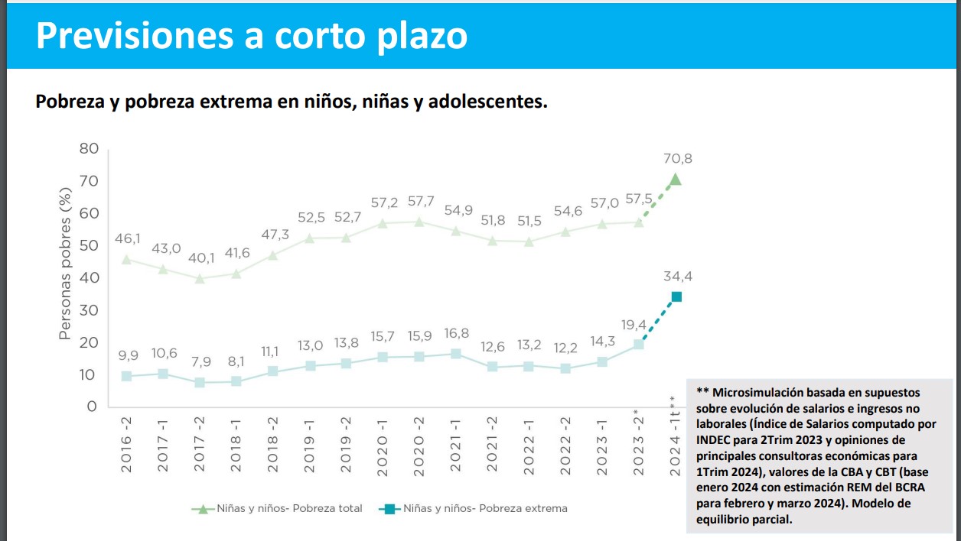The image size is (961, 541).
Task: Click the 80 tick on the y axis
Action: (x=89, y=148)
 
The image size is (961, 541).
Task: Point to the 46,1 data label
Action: (x=127, y=240)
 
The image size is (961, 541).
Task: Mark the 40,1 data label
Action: (x=200, y=258)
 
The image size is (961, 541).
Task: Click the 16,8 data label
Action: (x=456, y=333)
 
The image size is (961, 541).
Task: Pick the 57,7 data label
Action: (x=419, y=202)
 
